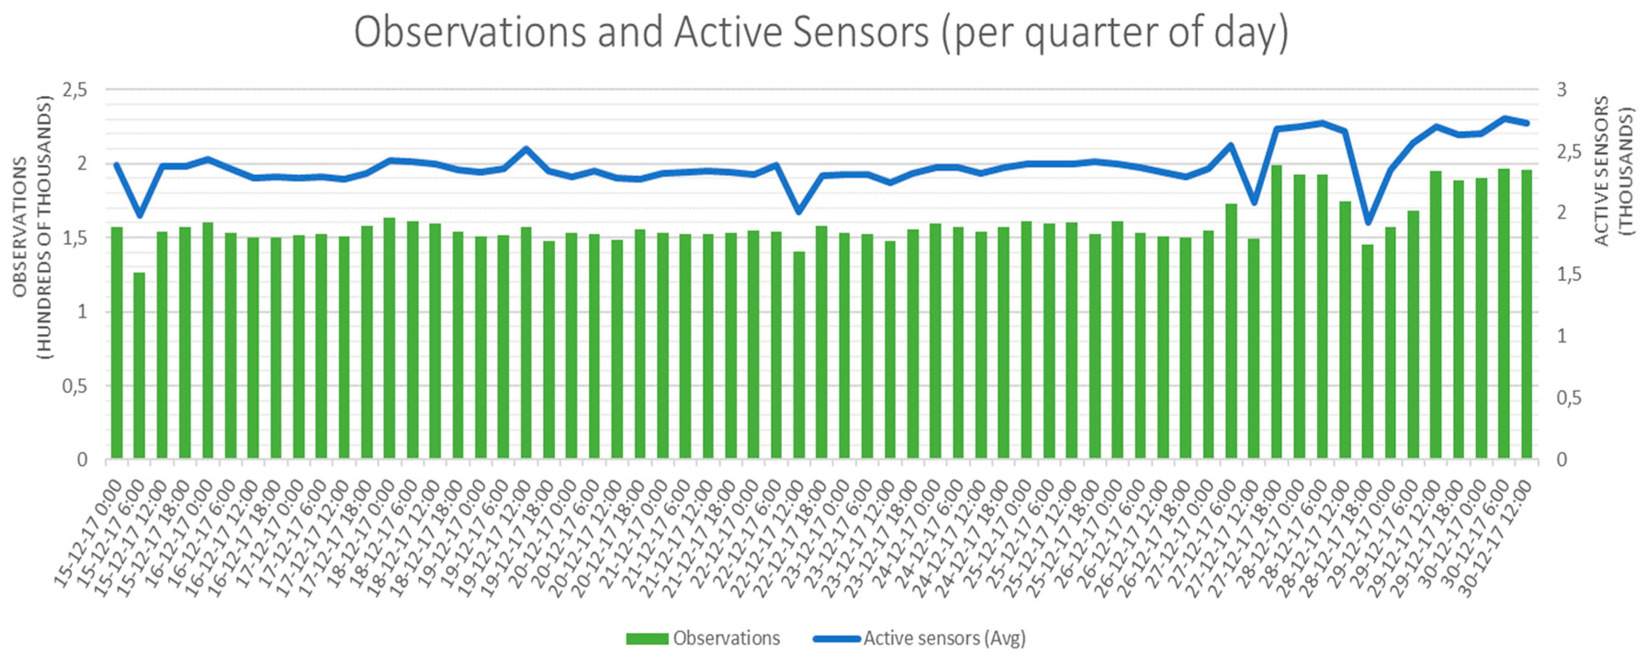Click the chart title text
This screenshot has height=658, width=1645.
pyautogui.click(x=821, y=33)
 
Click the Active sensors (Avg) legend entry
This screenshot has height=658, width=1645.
pyautogui.click(x=920, y=638)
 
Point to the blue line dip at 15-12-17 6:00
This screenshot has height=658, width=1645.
pyautogui.click(x=139, y=216)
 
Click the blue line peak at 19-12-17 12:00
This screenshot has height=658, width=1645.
pyautogui.click(x=526, y=149)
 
